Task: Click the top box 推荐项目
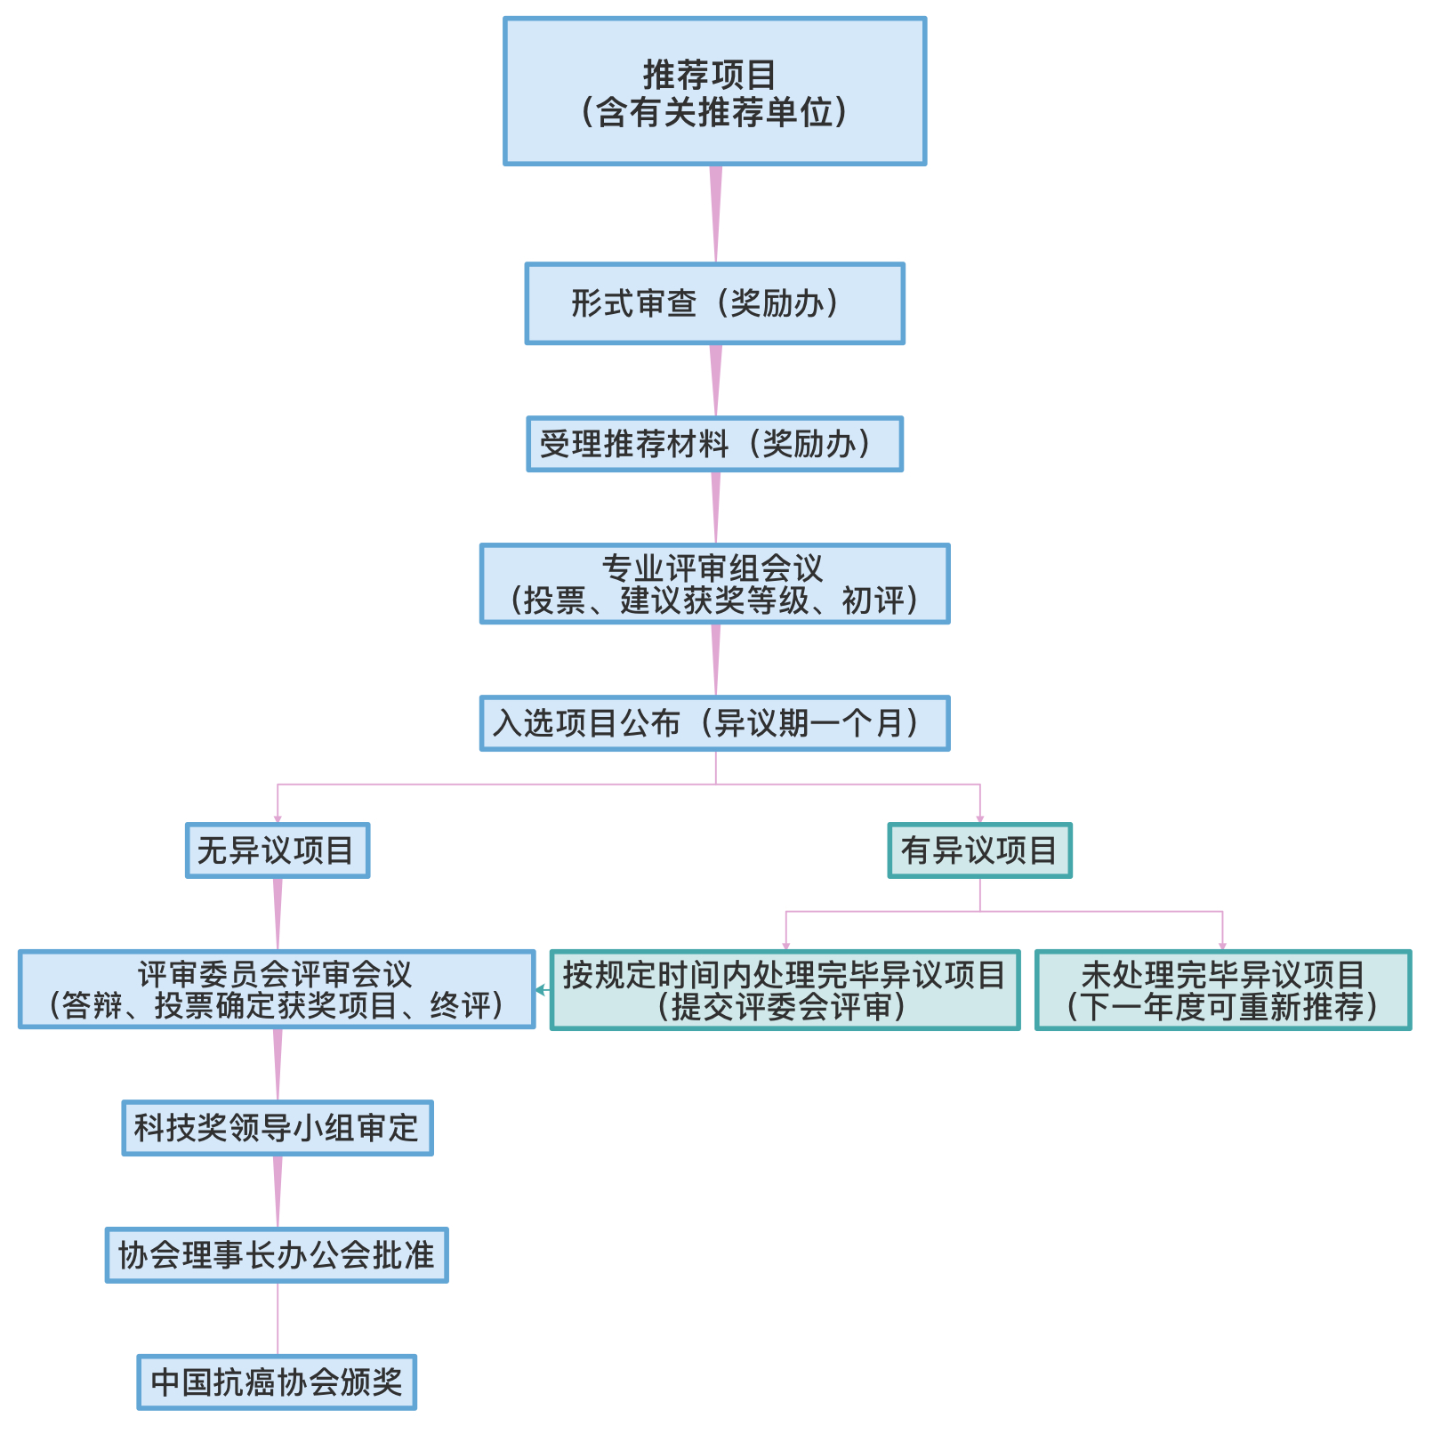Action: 714,91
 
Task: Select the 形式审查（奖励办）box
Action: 714,303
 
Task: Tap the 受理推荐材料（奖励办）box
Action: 714,444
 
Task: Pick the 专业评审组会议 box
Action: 714,584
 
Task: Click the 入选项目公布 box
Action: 714,723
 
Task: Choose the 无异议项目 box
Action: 278,850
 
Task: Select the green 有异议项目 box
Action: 979,850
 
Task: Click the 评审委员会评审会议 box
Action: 277,989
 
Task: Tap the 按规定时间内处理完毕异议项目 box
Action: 785,990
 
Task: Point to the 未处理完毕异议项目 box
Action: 1223,990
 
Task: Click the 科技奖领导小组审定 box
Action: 278,1128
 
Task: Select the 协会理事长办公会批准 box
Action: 277,1255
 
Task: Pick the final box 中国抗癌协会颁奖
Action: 277,1382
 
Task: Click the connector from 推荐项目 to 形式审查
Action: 715,213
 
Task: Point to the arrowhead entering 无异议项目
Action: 278,818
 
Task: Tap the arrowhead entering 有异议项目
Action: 980,818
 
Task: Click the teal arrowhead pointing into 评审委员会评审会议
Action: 540,989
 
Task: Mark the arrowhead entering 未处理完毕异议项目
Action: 1223,946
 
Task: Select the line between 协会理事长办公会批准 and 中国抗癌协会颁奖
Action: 278,1318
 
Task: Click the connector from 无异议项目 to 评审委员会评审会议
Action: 278,914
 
